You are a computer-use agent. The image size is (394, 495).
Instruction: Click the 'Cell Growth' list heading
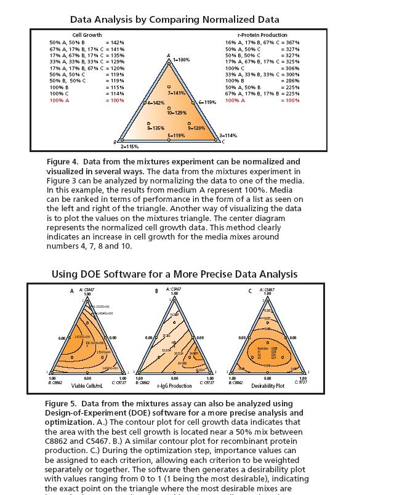pyautogui.click(x=87, y=35)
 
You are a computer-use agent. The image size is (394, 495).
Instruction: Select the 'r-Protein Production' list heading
pyautogui.click(x=262, y=35)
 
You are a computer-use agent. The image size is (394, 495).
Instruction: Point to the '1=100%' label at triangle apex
pyautogui.click(x=181, y=60)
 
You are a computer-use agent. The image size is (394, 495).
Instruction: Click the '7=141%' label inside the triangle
pyautogui.click(x=177, y=92)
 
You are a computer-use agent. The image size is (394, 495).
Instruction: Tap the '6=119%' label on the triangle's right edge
pyautogui.click(x=207, y=102)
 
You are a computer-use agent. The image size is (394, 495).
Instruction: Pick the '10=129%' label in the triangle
pyautogui.click(x=177, y=113)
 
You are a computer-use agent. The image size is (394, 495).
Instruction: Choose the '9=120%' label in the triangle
pyautogui.click(x=196, y=127)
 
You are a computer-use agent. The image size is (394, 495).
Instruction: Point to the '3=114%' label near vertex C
pyautogui.click(x=228, y=135)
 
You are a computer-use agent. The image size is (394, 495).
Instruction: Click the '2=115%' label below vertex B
pyautogui.click(x=129, y=147)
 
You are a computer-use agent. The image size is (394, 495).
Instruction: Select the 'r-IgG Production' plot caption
pyautogui.click(x=174, y=386)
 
